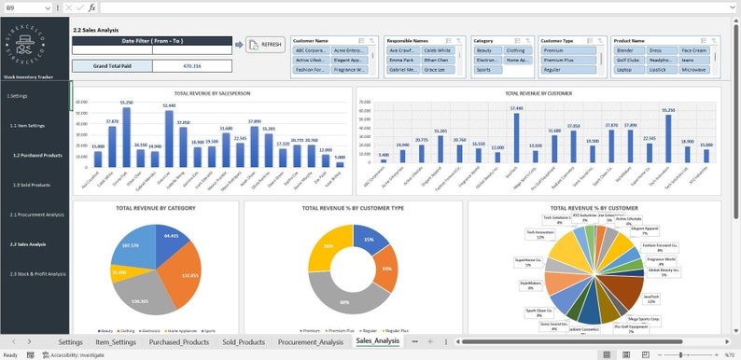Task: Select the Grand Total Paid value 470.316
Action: point(191,66)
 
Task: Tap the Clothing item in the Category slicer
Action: point(515,50)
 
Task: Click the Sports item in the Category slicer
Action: point(483,69)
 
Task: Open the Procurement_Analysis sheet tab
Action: point(311,342)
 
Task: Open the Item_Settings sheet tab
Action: point(116,342)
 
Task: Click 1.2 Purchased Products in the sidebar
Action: point(37,155)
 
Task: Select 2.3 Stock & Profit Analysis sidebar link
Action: point(38,273)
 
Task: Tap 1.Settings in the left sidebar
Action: point(18,96)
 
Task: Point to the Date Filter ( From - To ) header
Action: point(152,41)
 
